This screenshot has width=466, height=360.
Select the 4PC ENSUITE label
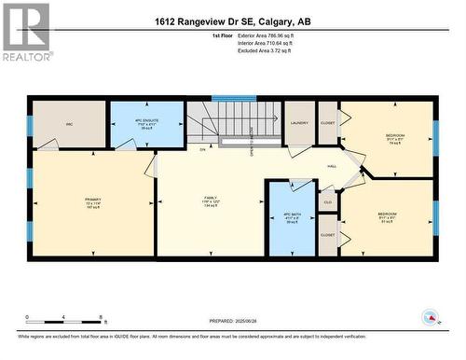point(146,121)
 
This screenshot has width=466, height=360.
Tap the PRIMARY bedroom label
point(92,200)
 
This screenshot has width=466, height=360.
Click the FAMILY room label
point(212,198)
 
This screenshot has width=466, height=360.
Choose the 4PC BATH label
point(291,215)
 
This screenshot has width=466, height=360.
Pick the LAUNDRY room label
point(299,122)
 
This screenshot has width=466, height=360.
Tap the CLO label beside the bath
point(327,201)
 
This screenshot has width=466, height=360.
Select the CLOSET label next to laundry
point(327,120)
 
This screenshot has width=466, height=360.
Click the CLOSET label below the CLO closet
point(327,235)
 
